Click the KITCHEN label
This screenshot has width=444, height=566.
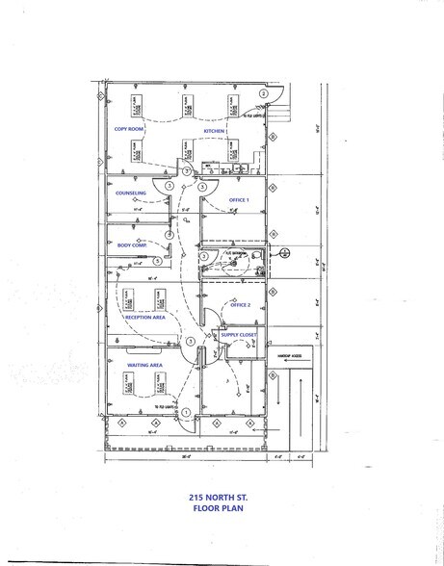[x=214, y=129]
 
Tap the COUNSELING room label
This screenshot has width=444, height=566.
[x=131, y=193]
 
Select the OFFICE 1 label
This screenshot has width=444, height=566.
[x=239, y=199]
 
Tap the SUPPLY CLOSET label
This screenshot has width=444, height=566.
[x=239, y=335]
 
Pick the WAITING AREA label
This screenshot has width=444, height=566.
[x=142, y=365]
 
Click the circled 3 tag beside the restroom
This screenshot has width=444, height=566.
[x=203, y=255]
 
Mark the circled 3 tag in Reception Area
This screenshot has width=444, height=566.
[x=191, y=342]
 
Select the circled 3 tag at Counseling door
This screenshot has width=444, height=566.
[x=170, y=185]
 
